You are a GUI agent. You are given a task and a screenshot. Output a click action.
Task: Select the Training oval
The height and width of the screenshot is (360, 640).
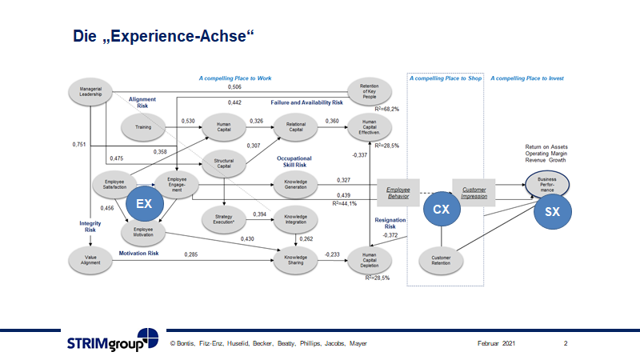click(x=144, y=126)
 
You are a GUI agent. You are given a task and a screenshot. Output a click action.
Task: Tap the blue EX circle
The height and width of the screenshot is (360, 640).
click(x=144, y=204)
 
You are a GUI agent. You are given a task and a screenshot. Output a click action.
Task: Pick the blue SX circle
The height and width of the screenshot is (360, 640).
click(x=553, y=212)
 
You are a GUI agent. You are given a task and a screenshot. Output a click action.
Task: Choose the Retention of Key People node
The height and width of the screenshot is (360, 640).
click(x=369, y=90)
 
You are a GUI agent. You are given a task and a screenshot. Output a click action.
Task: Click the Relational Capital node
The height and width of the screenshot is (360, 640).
click(x=296, y=126)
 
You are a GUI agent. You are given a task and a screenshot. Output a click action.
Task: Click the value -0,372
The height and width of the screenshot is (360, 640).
click(x=390, y=235)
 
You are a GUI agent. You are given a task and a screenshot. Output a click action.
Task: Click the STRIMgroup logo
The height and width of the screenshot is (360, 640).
click(x=112, y=342)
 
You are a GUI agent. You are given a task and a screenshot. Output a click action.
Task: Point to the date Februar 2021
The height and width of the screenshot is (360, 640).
click(x=490, y=343)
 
